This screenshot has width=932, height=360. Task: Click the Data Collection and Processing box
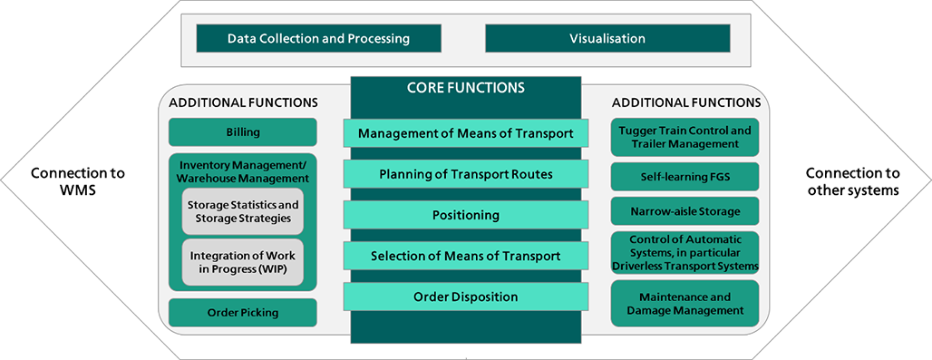point(318,39)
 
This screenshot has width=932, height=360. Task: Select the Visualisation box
point(607,39)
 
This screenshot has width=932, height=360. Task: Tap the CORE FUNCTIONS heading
point(465,88)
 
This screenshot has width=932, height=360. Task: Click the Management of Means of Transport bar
point(466,133)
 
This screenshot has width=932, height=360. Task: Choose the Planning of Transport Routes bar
point(466,174)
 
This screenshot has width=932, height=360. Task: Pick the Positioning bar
point(466,215)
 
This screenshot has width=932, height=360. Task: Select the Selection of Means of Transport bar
point(466,256)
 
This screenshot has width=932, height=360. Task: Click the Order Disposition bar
point(466,297)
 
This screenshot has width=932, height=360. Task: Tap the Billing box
point(242,131)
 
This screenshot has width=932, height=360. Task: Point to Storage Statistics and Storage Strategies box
point(242,211)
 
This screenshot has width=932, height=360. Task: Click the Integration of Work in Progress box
point(242,263)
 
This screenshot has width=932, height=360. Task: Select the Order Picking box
point(242,313)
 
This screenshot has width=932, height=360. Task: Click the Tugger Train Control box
point(684,137)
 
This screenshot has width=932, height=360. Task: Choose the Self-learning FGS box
point(684,177)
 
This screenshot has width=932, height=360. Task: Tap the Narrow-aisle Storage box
point(684,211)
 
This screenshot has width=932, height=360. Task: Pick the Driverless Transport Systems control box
point(684,252)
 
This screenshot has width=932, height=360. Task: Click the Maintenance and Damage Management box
point(684,304)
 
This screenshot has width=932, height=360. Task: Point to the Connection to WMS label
point(78,181)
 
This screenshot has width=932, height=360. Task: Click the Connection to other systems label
point(852,181)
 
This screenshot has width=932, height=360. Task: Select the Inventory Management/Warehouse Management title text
point(242,171)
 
